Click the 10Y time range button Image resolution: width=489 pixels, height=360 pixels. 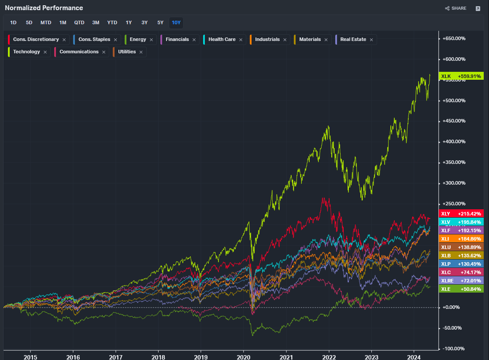(x=176, y=22)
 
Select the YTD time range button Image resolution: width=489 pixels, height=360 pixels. (x=112, y=22)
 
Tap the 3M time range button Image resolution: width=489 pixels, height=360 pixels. (x=96, y=22)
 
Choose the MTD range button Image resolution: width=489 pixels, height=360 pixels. (x=46, y=22)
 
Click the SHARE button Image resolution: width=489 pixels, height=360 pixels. (x=456, y=8)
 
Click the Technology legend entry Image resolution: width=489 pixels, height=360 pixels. (x=26, y=52)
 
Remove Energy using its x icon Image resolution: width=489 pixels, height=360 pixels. (x=151, y=40)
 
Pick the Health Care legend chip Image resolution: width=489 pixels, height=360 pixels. (x=222, y=40)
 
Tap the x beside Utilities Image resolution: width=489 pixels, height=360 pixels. (x=141, y=52)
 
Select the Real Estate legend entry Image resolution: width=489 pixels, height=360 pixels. (x=353, y=40)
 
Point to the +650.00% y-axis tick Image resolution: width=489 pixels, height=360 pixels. (x=453, y=38)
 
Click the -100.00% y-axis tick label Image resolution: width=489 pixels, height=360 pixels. (x=453, y=349)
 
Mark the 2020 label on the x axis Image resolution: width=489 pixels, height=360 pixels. (x=244, y=356)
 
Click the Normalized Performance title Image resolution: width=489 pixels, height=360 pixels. (x=44, y=8)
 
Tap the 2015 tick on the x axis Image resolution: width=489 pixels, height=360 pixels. (x=30, y=356)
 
